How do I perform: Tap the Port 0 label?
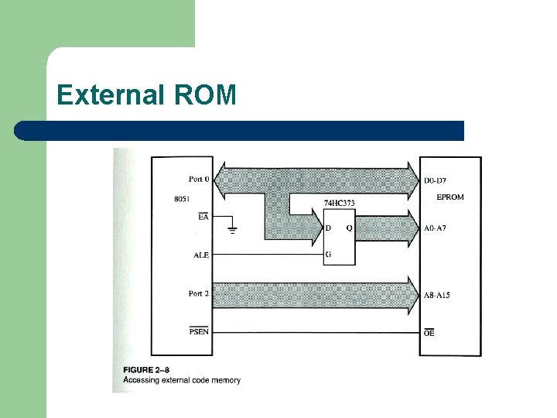pyautogui.click(x=199, y=179)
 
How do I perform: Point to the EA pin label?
pyautogui.click(x=203, y=218)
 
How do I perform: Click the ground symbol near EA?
pyautogui.click(x=233, y=230)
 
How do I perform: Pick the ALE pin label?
pyautogui.click(x=200, y=255)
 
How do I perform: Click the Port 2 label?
pyautogui.click(x=199, y=293)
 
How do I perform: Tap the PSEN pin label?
pyautogui.click(x=199, y=332)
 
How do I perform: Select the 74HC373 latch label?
pyautogui.click(x=340, y=204)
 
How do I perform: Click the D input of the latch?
pyautogui.click(x=329, y=228)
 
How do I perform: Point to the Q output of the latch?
pyautogui.click(x=349, y=228)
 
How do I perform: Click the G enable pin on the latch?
pyautogui.click(x=329, y=255)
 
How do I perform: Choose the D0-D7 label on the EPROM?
pyautogui.click(x=438, y=180)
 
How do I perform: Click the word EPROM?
pyautogui.click(x=450, y=197)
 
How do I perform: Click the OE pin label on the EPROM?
pyautogui.click(x=429, y=332)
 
